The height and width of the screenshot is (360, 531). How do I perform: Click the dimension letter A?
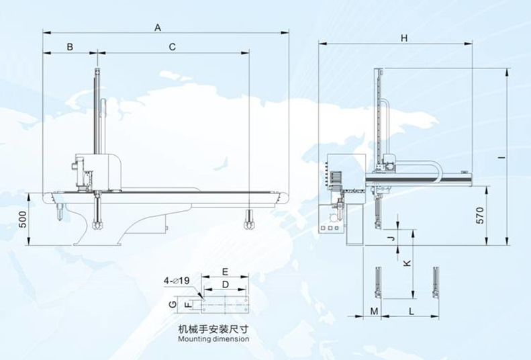158,28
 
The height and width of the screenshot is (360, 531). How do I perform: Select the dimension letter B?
69,46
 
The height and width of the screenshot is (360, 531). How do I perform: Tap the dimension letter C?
172,46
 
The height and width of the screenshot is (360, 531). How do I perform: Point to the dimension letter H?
404,39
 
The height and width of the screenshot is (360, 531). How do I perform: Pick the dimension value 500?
22,220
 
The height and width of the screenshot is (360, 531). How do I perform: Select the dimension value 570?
479,216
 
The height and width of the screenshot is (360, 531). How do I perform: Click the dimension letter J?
389,238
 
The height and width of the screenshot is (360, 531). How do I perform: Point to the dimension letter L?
411,312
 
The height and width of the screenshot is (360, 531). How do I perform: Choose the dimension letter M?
374,312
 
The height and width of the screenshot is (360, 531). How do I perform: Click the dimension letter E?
226,272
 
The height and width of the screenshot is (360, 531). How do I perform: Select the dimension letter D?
226,285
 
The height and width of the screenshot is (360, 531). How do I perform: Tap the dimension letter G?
173,304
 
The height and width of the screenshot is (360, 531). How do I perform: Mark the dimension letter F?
189,304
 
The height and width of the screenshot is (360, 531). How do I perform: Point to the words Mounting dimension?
213,339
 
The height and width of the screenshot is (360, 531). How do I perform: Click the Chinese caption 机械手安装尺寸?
213,329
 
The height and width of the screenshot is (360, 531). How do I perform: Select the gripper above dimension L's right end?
437,282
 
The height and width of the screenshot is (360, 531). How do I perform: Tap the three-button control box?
330,229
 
